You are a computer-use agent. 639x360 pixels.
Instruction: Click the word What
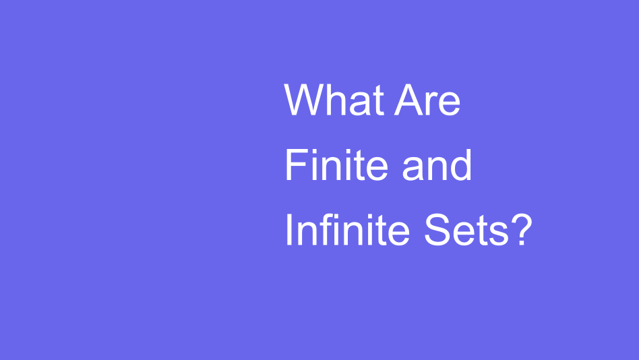coord(334,100)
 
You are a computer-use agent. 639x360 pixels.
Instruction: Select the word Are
coord(427,100)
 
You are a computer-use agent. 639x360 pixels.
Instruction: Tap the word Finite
coord(336,164)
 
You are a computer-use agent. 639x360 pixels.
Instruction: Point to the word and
coord(437,164)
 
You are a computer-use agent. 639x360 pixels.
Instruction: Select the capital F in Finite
coord(297,164)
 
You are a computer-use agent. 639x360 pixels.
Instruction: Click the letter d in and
coord(462,164)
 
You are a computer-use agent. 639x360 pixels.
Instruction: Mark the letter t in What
coord(379,102)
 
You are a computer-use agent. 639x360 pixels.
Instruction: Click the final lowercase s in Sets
coord(499,234)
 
